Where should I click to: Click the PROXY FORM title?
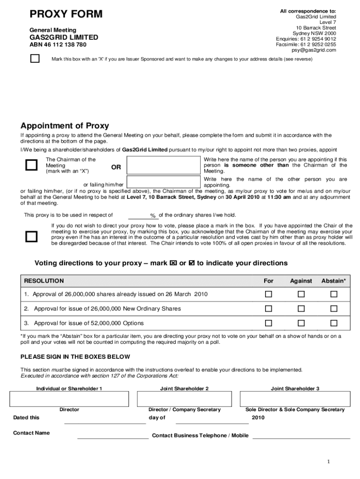tap(66, 15)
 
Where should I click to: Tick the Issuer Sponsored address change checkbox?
tap(35, 59)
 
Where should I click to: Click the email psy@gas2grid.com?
tap(314, 50)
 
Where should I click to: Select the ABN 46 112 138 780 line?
tap(58, 45)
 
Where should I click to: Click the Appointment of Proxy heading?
tap(65, 126)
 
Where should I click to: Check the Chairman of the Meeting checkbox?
tap(31, 165)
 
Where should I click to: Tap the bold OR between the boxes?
tap(116, 167)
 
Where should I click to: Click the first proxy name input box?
tap(164, 165)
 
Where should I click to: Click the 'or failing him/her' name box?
tap(164, 182)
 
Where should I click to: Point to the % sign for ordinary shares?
tap(152, 216)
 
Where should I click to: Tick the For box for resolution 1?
tap(268, 294)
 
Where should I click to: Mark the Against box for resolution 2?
tap(301, 309)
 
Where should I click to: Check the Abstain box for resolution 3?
tap(333, 323)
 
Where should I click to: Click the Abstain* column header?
tap(333, 281)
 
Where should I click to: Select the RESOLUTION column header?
tap(44, 281)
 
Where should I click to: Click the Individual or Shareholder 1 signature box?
tap(69, 399)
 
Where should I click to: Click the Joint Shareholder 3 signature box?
tap(295, 399)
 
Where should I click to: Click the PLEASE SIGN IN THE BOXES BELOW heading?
tap(75, 356)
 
